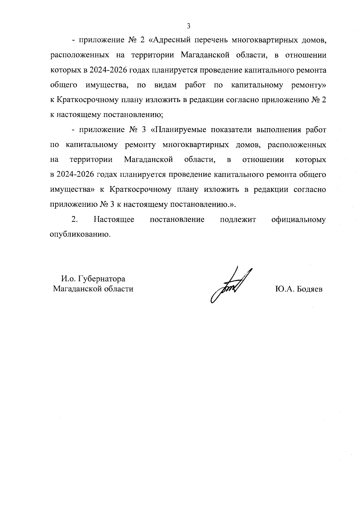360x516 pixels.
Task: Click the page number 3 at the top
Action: click(188, 26)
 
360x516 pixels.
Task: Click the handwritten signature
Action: click(231, 285)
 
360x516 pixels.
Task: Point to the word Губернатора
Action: click(102, 279)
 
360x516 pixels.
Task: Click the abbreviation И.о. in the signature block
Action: click(68, 279)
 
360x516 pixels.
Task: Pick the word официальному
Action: click(298, 219)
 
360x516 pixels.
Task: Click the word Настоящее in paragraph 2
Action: click(114, 219)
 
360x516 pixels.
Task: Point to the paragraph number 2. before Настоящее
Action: click(75, 219)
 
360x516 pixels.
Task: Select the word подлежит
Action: click(238, 219)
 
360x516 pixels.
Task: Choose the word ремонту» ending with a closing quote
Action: click(308, 85)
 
